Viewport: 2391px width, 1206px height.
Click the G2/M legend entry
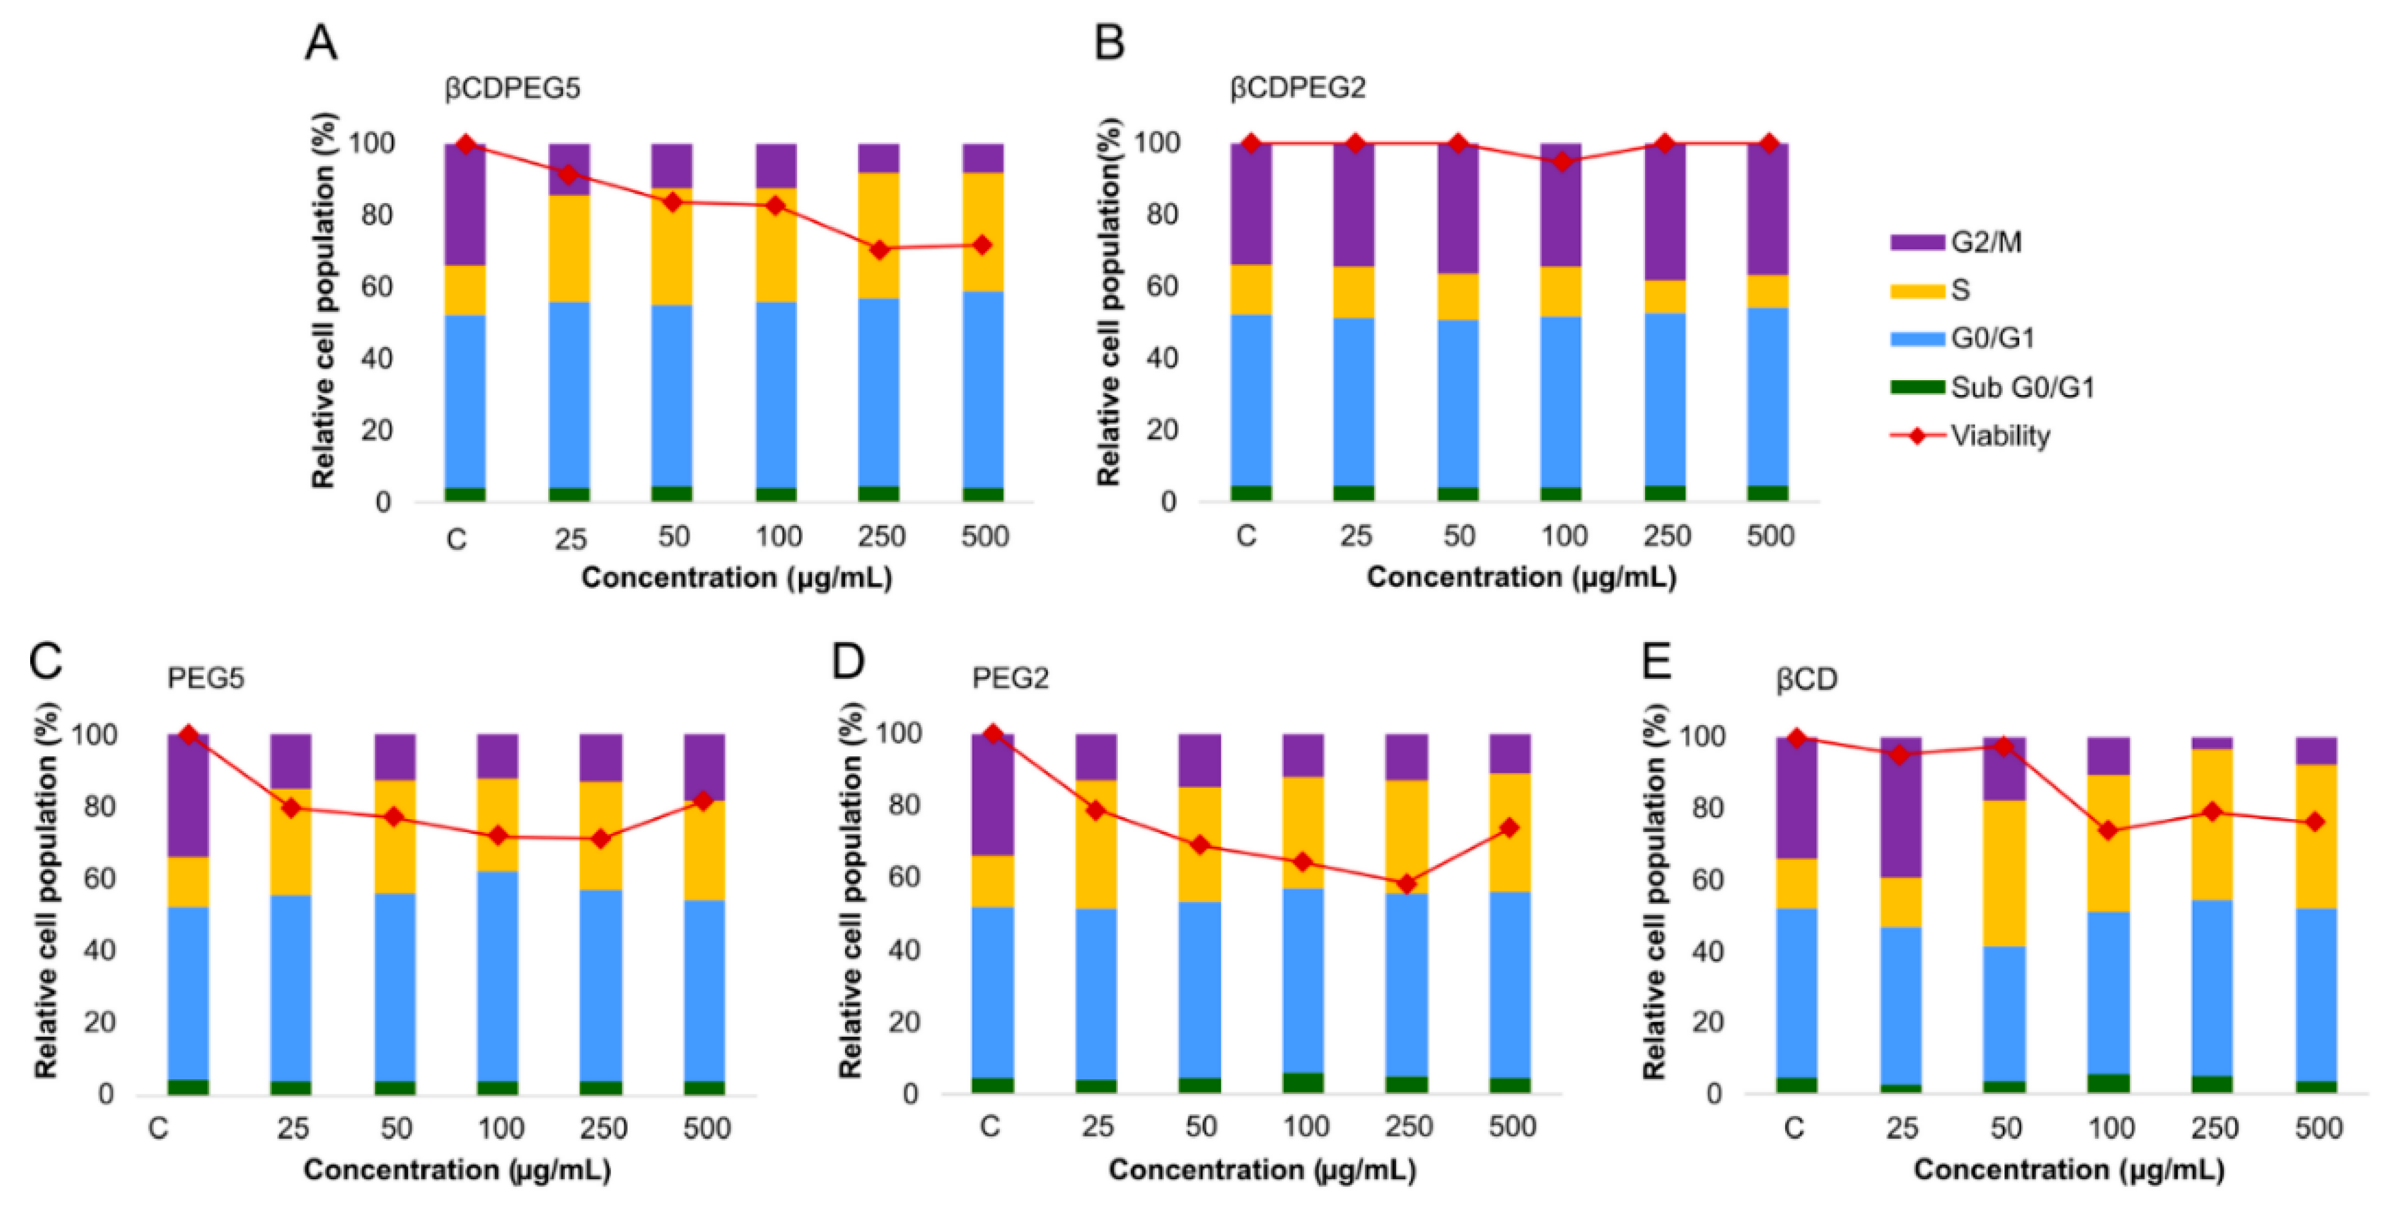click(1984, 242)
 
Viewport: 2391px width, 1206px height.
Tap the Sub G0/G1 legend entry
click(2021, 387)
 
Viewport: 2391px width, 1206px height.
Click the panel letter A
click(321, 43)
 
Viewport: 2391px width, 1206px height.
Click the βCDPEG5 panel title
click(512, 88)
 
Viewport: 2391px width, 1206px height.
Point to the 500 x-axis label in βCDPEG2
click(1770, 536)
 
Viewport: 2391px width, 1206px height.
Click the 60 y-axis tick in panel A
click(377, 287)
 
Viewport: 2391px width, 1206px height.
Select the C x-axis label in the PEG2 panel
click(990, 1126)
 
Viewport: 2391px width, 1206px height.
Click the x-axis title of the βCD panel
click(2069, 1170)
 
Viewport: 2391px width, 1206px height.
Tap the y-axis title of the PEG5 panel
click(47, 891)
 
